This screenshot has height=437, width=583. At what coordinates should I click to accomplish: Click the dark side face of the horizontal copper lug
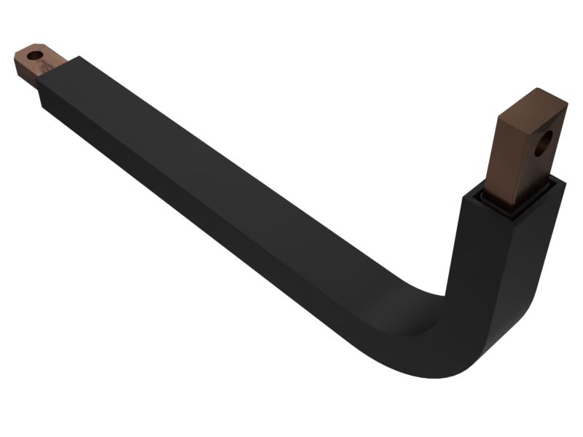click(x=27, y=73)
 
